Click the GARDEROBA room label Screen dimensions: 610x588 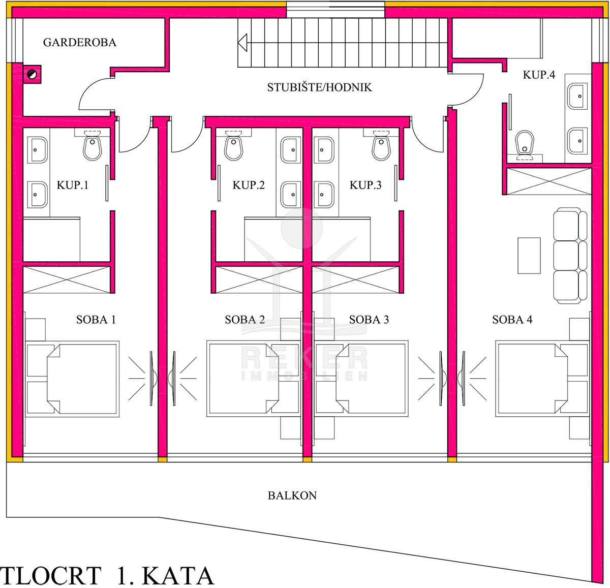[80, 42]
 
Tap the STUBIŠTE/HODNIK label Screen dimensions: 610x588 [319, 87]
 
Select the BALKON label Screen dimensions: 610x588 [292, 496]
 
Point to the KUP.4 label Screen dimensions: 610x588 [539, 75]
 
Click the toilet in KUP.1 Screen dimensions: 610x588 [92, 145]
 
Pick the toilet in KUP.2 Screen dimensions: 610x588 [233, 145]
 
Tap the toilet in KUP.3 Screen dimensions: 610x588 [381, 145]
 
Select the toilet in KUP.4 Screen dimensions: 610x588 [525, 145]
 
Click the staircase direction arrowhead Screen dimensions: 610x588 [242, 42]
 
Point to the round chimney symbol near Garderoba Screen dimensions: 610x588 [32, 75]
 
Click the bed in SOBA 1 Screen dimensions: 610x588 [72, 379]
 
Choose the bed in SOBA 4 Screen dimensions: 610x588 [542, 379]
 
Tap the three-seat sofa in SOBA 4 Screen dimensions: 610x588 [570, 256]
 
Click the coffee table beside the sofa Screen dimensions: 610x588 [529, 256]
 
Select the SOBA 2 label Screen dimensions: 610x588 [245, 319]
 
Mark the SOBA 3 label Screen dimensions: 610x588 [369, 319]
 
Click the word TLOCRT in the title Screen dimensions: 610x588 [51, 575]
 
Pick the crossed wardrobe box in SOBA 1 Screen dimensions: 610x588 [67, 280]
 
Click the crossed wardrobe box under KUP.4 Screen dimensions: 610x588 [549, 181]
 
